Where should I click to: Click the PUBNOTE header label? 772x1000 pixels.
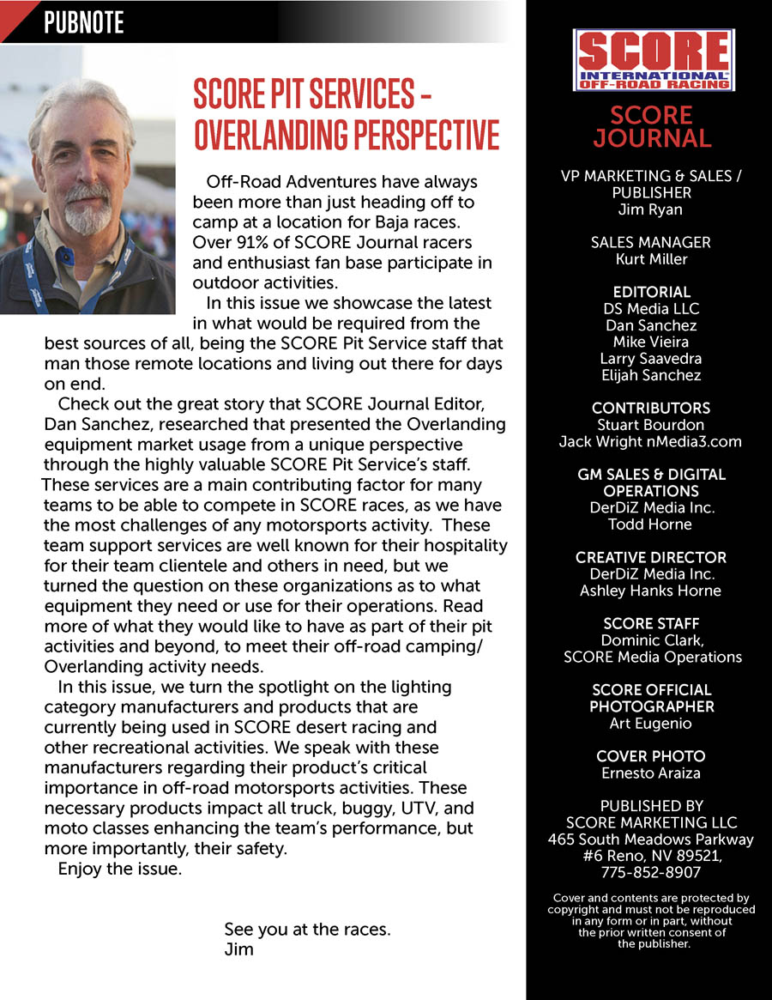(x=84, y=21)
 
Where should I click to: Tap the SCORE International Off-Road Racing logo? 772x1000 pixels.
(x=653, y=60)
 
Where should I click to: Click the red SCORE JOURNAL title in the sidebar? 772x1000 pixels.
(x=652, y=127)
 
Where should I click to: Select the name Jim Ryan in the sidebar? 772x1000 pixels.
(x=651, y=209)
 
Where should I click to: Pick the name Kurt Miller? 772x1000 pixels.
(x=651, y=258)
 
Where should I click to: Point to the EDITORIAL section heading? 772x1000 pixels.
(x=651, y=292)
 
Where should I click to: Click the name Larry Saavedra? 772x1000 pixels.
(x=651, y=358)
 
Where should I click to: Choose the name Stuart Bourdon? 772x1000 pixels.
(x=651, y=424)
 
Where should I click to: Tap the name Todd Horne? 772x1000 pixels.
(x=651, y=524)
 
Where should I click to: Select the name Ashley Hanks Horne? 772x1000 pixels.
(x=651, y=591)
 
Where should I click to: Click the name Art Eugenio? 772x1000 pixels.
(x=651, y=723)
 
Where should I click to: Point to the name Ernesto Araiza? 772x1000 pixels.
(x=651, y=773)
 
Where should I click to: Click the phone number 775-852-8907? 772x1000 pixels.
(x=651, y=872)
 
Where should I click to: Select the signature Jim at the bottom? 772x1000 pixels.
(x=238, y=949)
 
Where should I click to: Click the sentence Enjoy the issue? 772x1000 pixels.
(x=120, y=869)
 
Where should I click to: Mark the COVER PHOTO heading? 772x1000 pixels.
(x=651, y=756)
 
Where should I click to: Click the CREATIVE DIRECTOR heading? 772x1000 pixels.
(x=651, y=557)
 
